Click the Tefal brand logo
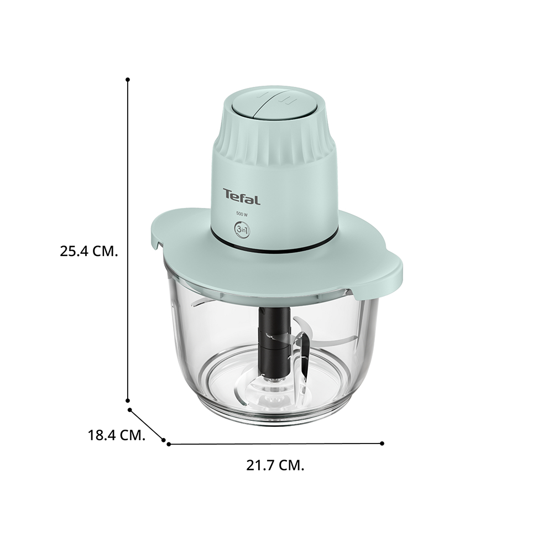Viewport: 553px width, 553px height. pos(242,196)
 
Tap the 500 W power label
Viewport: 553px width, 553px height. pos(242,213)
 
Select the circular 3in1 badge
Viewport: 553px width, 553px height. pos(242,229)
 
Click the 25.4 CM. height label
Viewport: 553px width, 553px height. pos(88,252)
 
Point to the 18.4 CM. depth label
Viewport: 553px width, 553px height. pos(116,435)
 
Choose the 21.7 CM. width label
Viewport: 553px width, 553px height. pos(275,466)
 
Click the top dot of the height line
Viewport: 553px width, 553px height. pos(128,80)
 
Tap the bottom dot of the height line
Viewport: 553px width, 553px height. pos(128,400)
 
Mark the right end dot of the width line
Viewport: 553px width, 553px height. pos(382,444)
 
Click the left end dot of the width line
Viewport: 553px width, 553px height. pos(169,444)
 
